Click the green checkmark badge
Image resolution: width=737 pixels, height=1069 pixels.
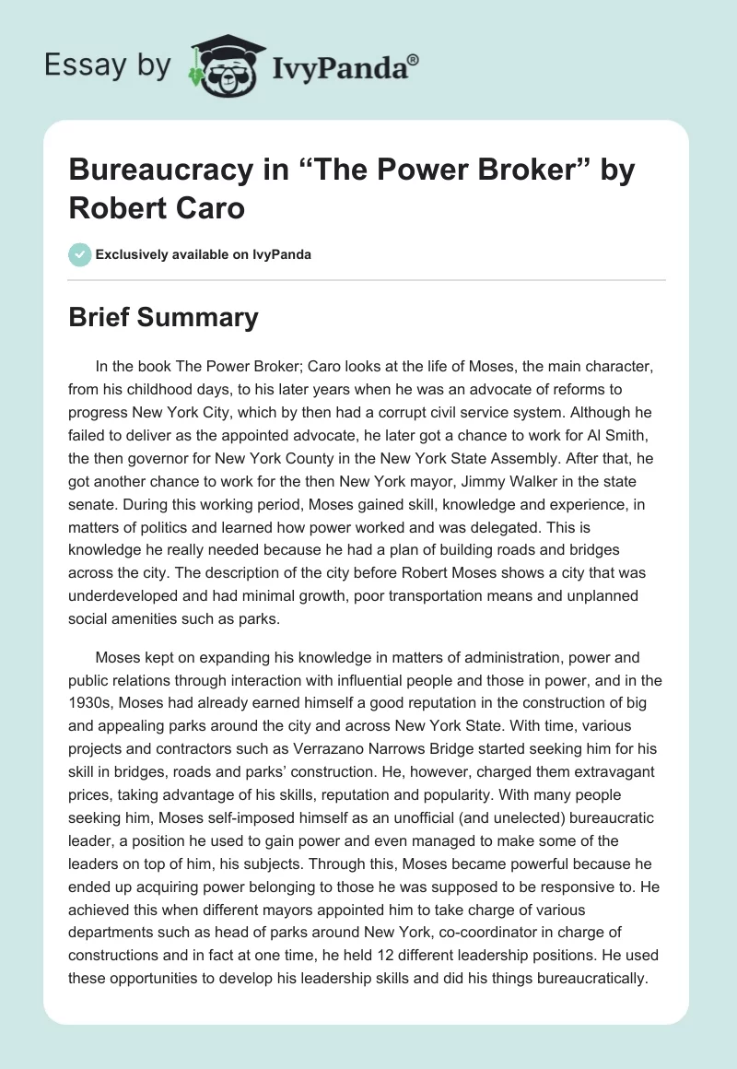coord(79,254)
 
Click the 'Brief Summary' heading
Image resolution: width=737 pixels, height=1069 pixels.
coord(163,318)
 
